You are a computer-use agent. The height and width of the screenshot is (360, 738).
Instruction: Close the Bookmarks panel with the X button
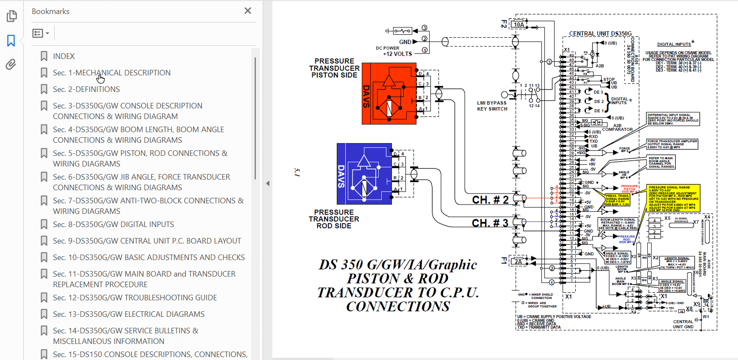point(248,11)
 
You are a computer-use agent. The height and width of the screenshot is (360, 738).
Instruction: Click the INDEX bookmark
point(64,56)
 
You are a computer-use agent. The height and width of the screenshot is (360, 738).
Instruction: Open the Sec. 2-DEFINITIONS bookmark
point(86,89)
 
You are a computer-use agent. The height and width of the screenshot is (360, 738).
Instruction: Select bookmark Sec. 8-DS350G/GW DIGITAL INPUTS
point(113,224)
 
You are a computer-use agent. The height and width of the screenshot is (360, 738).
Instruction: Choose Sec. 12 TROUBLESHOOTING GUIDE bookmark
point(135,298)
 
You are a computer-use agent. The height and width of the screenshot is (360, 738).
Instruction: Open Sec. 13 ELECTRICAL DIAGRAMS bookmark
point(128,314)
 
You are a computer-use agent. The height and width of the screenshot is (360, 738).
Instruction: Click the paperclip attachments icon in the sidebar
point(11,64)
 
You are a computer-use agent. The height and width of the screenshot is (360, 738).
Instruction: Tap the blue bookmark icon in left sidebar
point(11,41)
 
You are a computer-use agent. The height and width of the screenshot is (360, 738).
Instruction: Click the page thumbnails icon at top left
point(12,16)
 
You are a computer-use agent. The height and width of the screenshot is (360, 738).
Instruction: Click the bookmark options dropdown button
point(41,33)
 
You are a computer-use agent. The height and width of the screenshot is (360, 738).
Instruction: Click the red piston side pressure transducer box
point(388,94)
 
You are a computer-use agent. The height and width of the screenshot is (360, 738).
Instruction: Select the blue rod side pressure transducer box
point(364,174)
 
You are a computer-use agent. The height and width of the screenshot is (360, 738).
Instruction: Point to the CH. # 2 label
point(490,200)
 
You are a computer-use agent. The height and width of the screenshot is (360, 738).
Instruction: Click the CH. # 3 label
point(490,223)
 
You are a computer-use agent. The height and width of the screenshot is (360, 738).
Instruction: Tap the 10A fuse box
point(519,25)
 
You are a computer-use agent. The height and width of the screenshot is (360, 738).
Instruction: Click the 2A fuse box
point(518,262)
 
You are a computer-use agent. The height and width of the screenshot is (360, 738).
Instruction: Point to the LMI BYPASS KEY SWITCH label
point(492,106)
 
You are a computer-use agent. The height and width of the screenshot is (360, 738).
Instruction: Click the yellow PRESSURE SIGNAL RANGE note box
point(673,198)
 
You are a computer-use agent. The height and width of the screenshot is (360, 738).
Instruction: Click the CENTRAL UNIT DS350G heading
point(600,33)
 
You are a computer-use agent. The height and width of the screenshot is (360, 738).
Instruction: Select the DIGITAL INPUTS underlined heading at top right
point(674,44)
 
